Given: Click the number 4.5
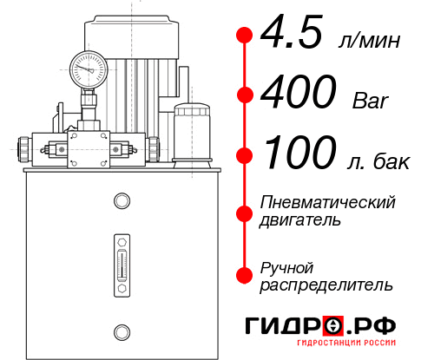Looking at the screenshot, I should pos(293,36).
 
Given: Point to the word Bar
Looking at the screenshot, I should pos(370,101).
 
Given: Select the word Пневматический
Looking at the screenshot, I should pos(328,202).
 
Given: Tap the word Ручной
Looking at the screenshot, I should pos(286,267).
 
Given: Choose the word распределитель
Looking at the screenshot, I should pos(326,285).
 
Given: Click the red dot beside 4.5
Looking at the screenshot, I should pos(245,36).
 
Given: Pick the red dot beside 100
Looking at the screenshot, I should pos(245,155).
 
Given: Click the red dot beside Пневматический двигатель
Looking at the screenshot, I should pos(245,211).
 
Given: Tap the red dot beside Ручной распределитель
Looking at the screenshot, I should pos(245,275).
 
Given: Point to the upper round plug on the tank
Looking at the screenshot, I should pos(122,201).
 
